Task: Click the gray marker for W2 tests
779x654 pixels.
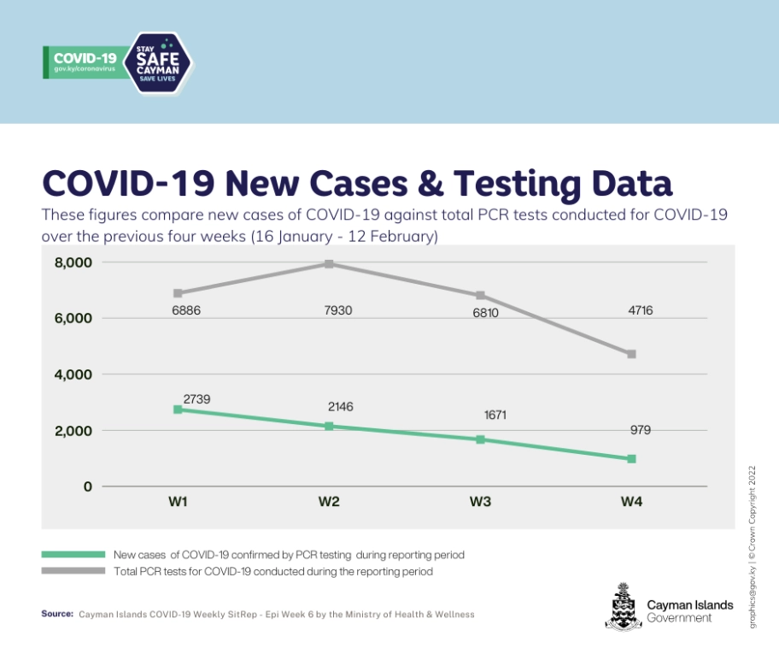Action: tap(329, 264)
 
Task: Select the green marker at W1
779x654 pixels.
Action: tap(178, 409)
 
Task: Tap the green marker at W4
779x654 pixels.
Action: tap(631, 459)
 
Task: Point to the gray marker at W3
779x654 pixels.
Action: tap(480, 296)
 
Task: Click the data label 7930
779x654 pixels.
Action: tap(329, 311)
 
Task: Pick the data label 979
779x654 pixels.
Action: tap(640, 430)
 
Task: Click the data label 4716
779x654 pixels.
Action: tap(640, 310)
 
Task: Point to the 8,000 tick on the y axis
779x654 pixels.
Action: tap(73, 262)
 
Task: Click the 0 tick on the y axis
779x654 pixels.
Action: tap(86, 486)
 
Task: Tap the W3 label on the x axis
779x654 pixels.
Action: tap(480, 502)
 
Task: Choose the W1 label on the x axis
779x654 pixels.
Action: tap(178, 502)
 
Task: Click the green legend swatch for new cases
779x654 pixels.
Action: tap(73, 555)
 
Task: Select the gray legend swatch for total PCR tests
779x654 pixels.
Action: tap(73, 571)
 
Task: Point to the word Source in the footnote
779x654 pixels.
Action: tap(57, 614)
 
